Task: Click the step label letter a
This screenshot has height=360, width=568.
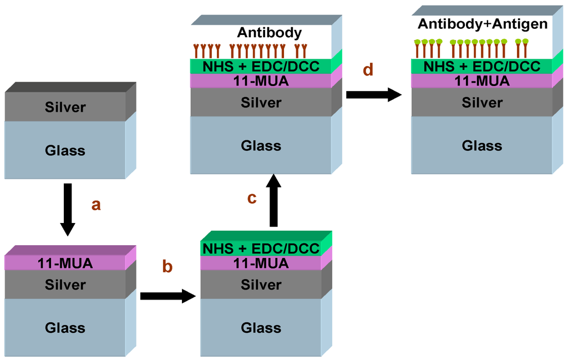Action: (x=96, y=205)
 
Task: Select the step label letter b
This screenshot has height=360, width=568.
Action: (x=167, y=266)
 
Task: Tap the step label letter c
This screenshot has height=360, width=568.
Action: (x=252, y=198)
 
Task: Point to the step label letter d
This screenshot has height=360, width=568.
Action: (x=368, y=70)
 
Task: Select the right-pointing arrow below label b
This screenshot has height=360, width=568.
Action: (x=169, y=296)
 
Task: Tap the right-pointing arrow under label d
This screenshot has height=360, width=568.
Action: (x=373, y=94)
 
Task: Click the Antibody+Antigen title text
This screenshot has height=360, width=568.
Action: (x=482, y=24)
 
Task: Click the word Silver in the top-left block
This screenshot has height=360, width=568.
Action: (x=65, y=107)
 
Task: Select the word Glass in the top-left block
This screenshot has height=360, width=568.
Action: (x=65, y=150)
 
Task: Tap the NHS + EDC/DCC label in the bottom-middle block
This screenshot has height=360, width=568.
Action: (x=261, y=249)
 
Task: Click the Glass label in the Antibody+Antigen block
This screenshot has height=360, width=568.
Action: (x=482, y=145)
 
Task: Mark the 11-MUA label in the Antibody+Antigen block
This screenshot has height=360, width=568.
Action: (x=482, y=81)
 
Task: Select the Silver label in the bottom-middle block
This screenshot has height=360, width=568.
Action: (x=261, y=285)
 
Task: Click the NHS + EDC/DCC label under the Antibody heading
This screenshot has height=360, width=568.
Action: (x=261, y=67)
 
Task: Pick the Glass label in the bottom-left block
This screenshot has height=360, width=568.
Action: (x=65, y=328)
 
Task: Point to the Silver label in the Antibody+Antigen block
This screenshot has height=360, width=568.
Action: (x=482, y=103)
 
